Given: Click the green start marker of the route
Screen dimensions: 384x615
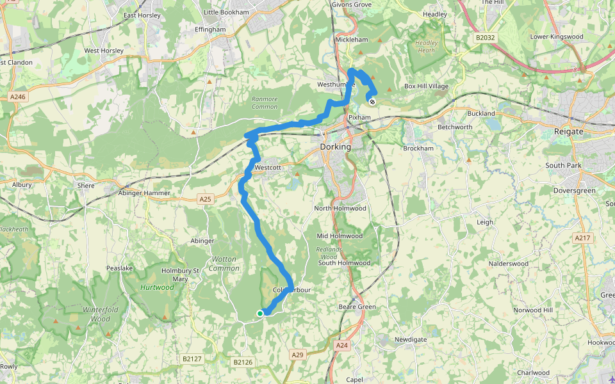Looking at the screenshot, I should [259, 313].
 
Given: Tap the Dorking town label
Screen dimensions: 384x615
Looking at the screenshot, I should [335, 147].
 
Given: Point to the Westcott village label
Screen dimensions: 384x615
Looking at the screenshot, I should [268, 167].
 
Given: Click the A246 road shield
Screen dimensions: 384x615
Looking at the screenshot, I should [18, 97].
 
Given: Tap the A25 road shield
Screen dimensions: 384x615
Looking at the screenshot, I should [205, 200].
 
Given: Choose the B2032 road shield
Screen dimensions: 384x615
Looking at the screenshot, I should [485, 38].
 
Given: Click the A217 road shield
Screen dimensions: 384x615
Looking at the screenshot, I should [582, 238].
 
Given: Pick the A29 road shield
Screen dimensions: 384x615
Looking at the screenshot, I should [297, 355].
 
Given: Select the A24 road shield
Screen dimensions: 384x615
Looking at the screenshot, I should [342, 346].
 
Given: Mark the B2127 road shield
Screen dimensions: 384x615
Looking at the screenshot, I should [191, 359].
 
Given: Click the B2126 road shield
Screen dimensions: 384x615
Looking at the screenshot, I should [243, 362].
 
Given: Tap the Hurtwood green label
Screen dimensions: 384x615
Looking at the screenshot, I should [157, 287].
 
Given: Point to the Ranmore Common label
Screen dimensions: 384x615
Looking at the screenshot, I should [265, 102].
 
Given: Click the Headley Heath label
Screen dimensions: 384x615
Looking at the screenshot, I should [426, 47].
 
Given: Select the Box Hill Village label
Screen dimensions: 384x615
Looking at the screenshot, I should [426, 86].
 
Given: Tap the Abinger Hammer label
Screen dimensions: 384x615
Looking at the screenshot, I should [144, 193].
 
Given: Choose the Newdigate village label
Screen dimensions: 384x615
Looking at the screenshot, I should [410, 339].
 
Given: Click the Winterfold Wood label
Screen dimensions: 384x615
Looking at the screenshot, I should [96, 314].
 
